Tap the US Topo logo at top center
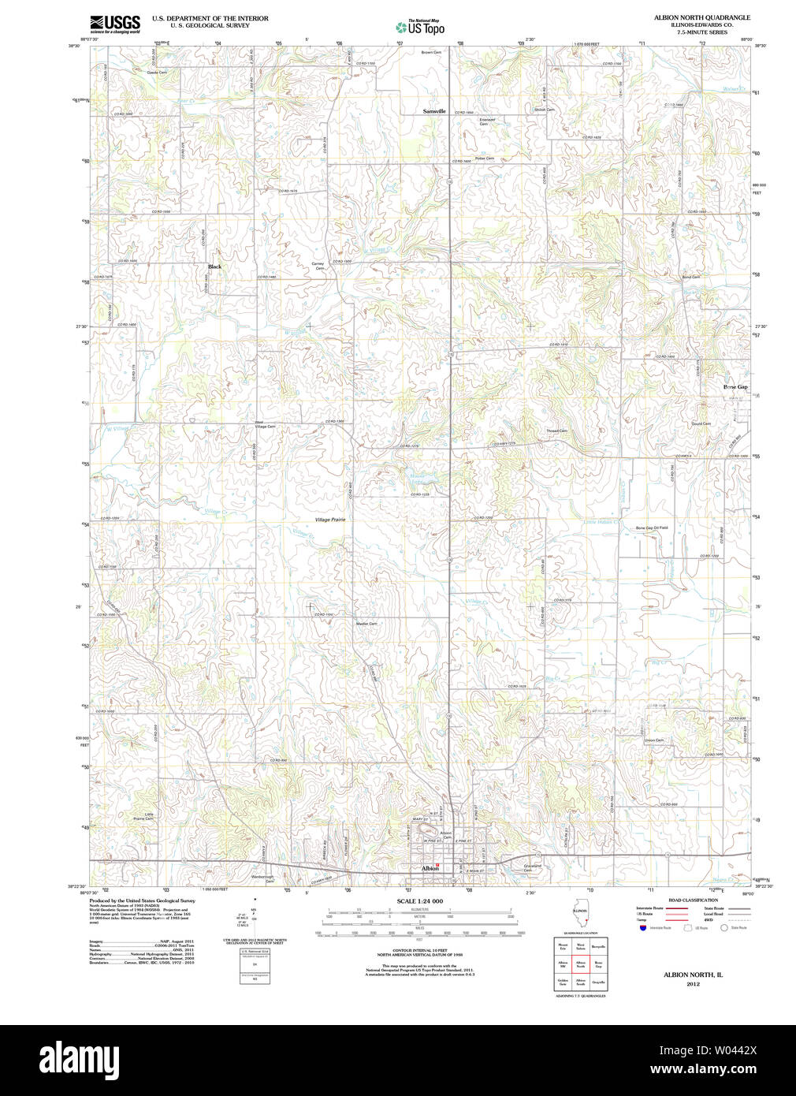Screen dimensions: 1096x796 coord(420,27)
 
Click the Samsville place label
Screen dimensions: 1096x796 coord(434,111)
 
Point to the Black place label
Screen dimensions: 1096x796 coord(214,267)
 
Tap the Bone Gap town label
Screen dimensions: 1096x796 coord(735,387)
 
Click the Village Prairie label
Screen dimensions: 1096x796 coord(330,520)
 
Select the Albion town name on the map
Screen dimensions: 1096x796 coord(430,868)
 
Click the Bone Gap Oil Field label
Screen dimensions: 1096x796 coord(652,527)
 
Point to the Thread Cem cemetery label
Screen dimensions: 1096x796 coord(557,431)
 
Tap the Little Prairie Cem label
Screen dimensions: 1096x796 coord(143,816)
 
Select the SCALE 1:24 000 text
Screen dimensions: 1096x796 coord(419,900)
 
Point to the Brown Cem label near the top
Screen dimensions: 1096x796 coord(431,53)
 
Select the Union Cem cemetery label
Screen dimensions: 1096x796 coord(653,740)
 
